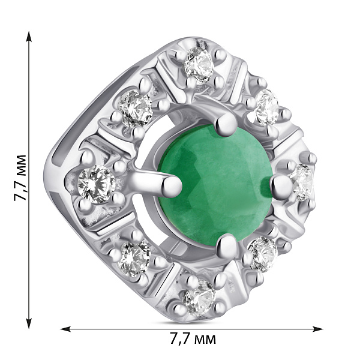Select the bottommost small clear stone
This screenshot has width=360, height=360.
pyautogui.click(x=199, y=297)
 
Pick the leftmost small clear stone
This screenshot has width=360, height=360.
pyautogui.click(x=97, y=184)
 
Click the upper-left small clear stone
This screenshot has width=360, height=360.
pyautogui.click(x=135, y=108)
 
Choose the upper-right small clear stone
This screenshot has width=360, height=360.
pyautogui.click(x=267, y=107)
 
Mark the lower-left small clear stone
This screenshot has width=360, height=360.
pyautogui.click(x=134, y=259)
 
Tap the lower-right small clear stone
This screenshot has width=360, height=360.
pyautogui.click(x=263, y=254)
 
